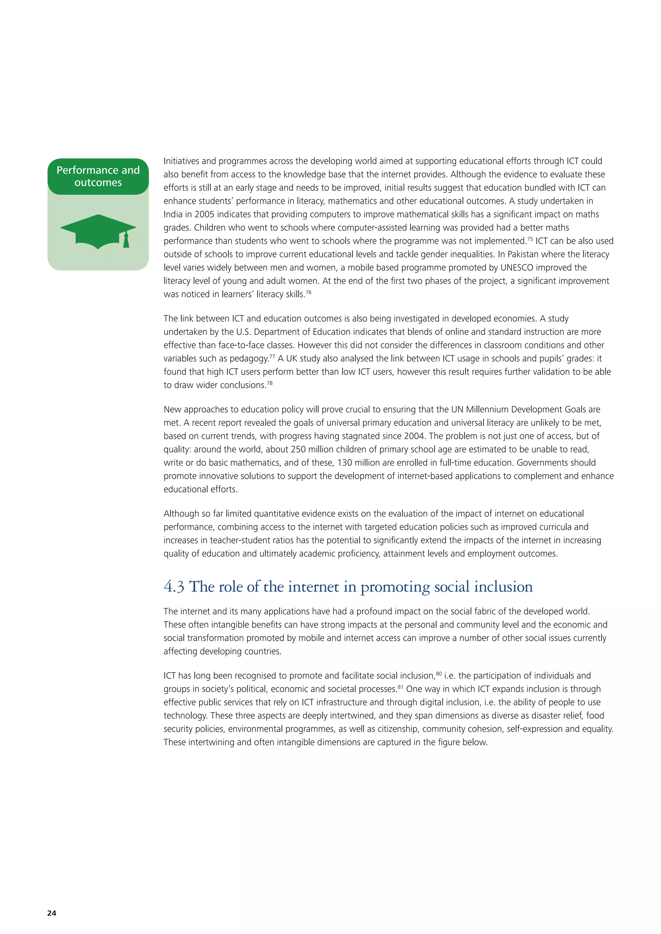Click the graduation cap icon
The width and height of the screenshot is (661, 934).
[98, 231]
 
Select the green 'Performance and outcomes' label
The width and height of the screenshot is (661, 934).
[98, 176]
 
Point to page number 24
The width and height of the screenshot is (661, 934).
[52, 913]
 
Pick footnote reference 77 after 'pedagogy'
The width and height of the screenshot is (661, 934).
[272, 356]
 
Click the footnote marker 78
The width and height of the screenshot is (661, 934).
[269, 383]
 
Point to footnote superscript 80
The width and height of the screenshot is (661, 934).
[439, 673]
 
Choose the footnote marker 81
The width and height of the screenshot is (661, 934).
[401, 687]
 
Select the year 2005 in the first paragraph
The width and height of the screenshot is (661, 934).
[204, 214]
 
